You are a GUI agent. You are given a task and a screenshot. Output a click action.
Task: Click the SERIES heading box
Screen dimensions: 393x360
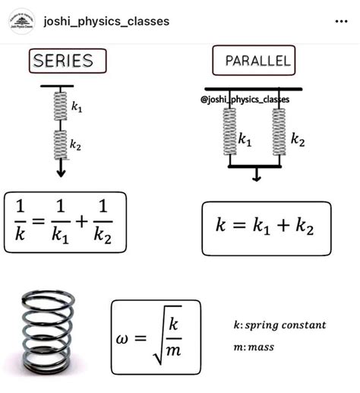tap(67, 61)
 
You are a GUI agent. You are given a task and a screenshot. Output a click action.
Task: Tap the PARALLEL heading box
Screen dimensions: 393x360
tap(257, 61)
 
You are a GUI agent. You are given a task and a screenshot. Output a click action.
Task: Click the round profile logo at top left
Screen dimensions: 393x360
tap(21, 21)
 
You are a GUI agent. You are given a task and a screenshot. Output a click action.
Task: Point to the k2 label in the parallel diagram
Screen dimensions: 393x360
tap(298, 141)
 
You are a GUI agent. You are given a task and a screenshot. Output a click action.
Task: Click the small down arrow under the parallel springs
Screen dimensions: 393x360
tap(256, 176)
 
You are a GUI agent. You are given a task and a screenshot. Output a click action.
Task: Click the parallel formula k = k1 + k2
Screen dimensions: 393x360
tap(266, 227)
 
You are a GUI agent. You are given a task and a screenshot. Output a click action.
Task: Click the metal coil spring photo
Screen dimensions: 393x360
tap(49, 331)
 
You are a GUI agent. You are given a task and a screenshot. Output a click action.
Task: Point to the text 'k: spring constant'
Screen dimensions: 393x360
tap(279, 325)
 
